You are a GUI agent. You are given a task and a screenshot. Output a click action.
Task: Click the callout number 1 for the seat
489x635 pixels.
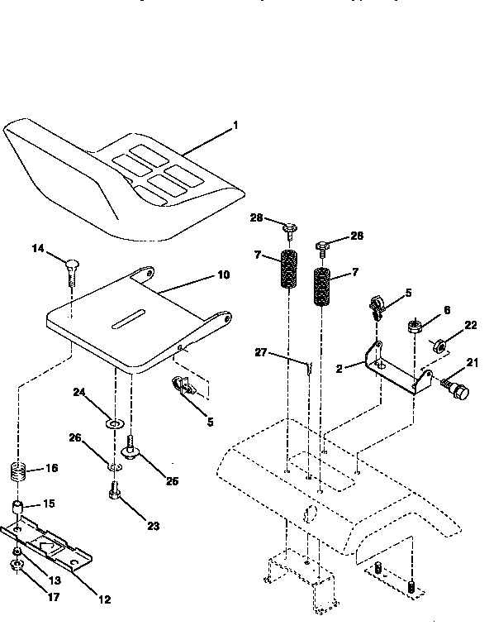(x=235, y=127)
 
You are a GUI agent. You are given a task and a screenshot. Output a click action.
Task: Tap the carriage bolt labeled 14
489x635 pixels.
(x=71, y=270)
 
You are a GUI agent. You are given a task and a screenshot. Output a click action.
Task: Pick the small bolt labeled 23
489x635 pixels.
(x=114, y=494)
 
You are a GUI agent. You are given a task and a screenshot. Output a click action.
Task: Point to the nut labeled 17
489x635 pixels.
(x=17, y=566)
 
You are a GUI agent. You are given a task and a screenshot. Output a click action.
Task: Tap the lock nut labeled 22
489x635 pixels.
(x=440, y=344)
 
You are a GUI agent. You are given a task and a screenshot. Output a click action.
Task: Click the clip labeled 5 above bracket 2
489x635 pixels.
(x=376, y=308)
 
